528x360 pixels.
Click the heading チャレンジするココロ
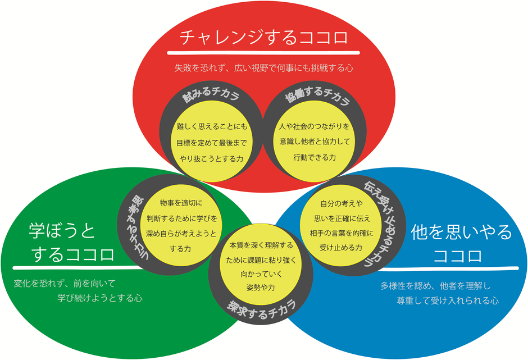(x=263, y=37)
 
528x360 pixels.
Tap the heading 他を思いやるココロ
(x=461, y=244)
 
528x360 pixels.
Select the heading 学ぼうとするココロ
(x=72, y=243)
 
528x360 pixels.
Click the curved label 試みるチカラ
(x=211, y=94)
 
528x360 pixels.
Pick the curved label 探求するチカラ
(x=262, y=309)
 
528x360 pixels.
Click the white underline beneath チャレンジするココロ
(x=263, y=53)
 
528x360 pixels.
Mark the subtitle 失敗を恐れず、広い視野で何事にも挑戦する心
(x=264, y=68)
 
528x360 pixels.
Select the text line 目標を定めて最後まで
(x=211, y=143)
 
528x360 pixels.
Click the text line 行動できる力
(x=315, y=157)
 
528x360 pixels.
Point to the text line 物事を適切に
(x=181, y=203)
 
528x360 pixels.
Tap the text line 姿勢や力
(x=261, y=288)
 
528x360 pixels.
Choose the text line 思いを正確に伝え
(x=342, y=218)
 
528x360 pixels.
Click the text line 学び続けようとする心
(x=99, y=298)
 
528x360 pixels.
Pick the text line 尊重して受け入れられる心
(x=448, y=300)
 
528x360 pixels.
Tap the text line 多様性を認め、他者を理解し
(x=435, y=286)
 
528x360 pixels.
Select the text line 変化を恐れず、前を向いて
(x=65, y=284)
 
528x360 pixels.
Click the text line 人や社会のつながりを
(x=315, y=126)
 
